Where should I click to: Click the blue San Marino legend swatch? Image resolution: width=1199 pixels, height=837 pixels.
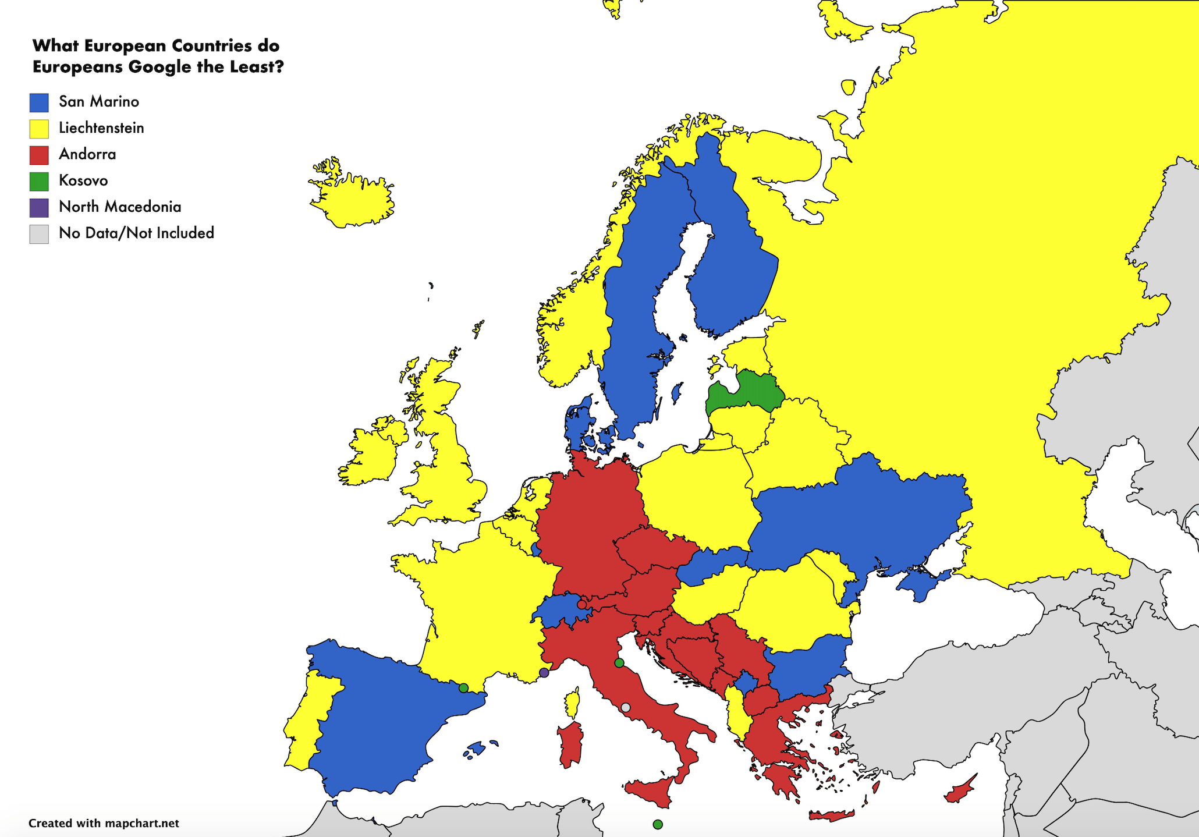[39, 102]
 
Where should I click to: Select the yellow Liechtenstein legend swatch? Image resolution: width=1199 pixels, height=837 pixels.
[39, 129]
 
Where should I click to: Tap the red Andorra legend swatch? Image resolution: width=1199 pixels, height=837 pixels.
[39, 155]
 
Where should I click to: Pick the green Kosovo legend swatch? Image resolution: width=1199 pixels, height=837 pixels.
[39, 181]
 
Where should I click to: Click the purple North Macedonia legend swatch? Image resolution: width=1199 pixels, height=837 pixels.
[39, 208]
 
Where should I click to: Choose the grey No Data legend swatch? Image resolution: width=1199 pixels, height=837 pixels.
[39, 234]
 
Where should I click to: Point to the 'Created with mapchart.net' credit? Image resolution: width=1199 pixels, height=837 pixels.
[104, 823]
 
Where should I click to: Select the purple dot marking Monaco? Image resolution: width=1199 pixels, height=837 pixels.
[544, 673]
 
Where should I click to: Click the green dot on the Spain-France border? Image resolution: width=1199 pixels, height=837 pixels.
[463, 688]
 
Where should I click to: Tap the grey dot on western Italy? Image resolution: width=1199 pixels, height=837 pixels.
[626, 708]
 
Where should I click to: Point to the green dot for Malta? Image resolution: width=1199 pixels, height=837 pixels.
[658, 824]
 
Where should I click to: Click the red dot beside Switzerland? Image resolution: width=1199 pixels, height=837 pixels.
[581, 605]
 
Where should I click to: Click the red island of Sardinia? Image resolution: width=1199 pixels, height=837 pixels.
[571, 745]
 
